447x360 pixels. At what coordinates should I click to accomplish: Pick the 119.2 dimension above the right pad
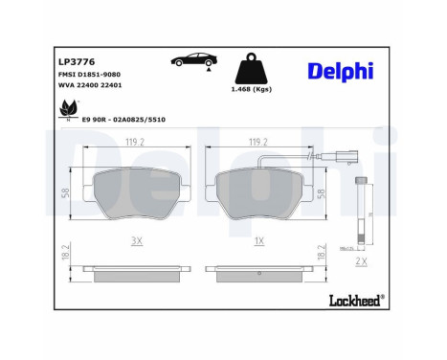coord(258,143)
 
